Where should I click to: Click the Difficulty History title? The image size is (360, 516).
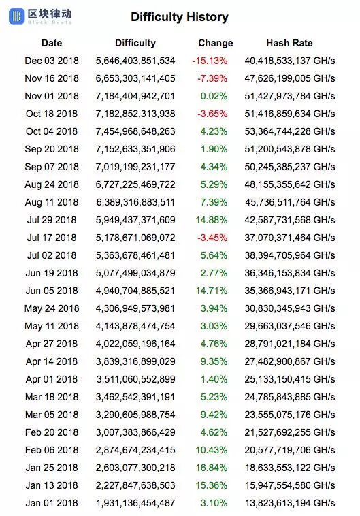tap(180, 17)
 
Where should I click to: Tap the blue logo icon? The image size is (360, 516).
tap(17, 16)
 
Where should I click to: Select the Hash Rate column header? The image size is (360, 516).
tap(289, 43)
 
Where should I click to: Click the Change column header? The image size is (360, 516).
tap(215, 43)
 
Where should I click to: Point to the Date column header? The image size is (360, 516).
tap(52, 43)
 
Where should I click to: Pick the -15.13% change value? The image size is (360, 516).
tap(210, 61)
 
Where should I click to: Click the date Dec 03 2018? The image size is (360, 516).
tap(52, 61)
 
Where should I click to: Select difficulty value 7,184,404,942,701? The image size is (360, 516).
tap(135, 96)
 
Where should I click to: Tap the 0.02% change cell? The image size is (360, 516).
tap(214, 96)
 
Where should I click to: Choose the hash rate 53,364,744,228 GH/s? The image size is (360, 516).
tap(290, 131)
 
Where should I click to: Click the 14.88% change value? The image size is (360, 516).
tap(212, 220)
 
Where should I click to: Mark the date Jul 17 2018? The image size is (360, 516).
tap(52, 238)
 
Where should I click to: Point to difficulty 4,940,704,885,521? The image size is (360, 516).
tap(135, 291)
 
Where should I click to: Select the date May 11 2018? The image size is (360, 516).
tap(52, 326)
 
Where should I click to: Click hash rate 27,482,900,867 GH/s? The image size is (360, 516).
tap(290, 361)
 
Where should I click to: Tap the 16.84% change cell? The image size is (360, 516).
tap(212, 468)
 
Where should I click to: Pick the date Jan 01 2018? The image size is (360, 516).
tap(52, 503)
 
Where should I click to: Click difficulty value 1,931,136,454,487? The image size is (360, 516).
tap(135, 503)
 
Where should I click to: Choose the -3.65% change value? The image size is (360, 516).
tap(212, 114)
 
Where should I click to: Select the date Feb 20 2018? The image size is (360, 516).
tap(52, 432)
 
